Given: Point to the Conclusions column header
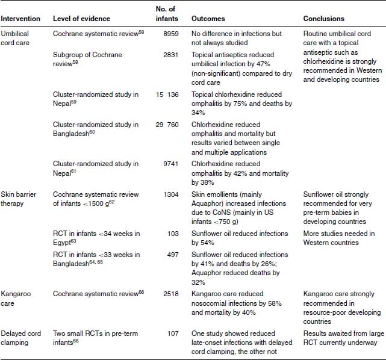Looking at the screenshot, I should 324,19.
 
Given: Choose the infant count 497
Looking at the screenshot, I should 172,255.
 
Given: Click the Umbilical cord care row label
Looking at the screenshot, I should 21,40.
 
